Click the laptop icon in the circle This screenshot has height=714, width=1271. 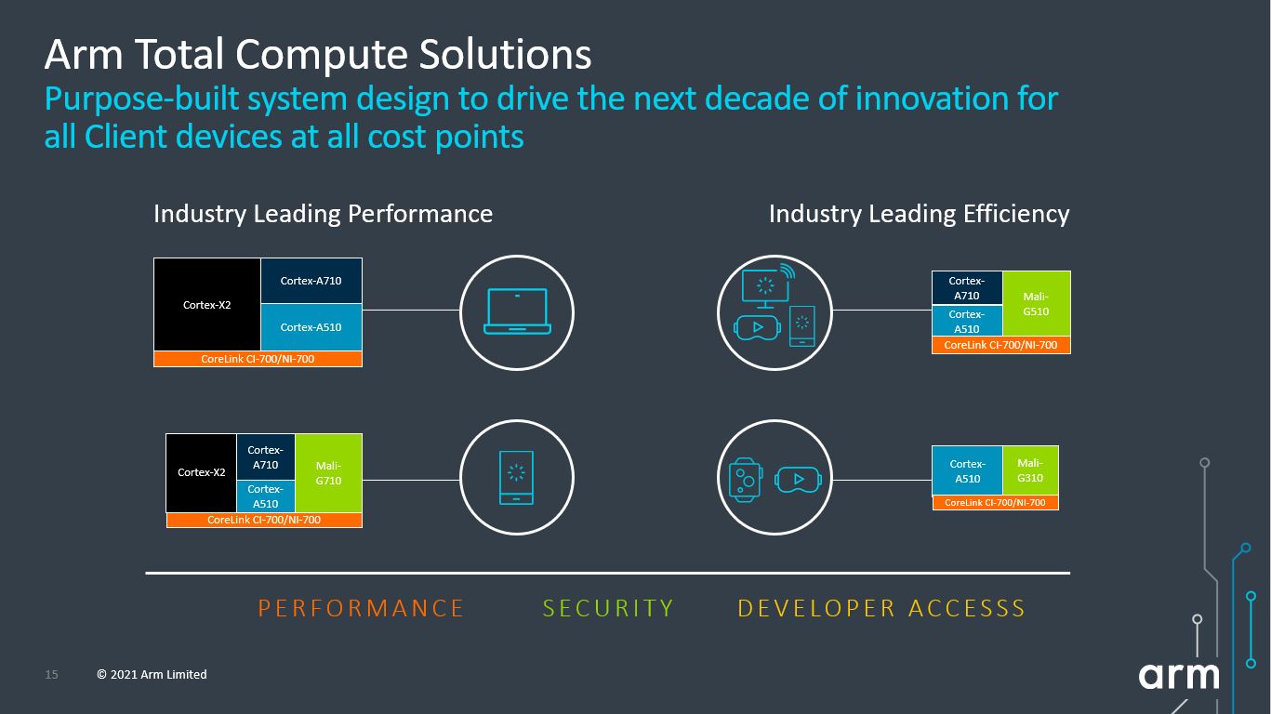pos(517,311)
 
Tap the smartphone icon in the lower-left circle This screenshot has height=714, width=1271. pos(516,477)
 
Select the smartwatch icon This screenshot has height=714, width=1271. pos(745,480)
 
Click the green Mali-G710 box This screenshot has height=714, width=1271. pos(328,473)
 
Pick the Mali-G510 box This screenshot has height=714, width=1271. pos(1036,304)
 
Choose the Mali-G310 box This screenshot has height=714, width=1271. pos(1030,470)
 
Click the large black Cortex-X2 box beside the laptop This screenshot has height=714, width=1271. pos(207,305)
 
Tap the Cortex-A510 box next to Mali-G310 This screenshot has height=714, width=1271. pos(968,470)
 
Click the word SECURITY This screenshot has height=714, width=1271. pos(608,608)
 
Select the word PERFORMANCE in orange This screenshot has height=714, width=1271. pos(361,608)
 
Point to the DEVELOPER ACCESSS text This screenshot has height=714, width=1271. pos(881,608)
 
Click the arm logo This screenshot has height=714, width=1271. pos(1179,675)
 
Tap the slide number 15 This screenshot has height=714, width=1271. pos(52,674)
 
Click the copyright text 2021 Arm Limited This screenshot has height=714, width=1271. pos(152,674)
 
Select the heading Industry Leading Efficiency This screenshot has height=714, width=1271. pos(919,214)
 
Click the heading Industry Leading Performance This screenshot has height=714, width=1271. pos(323,214)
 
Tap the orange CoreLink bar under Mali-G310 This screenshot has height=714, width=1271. pos(995,502)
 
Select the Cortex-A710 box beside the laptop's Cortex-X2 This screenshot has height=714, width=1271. pos(311,281)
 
